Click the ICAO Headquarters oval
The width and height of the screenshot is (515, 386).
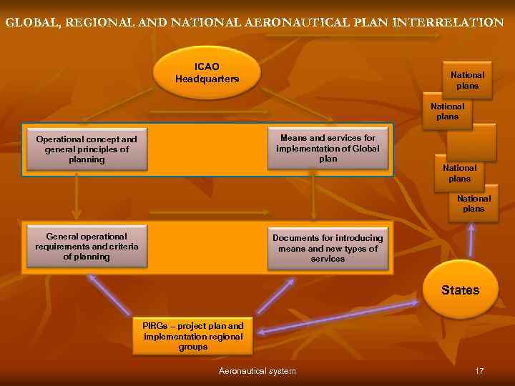tap(207, 72)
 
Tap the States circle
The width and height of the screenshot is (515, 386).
tap(460, 289)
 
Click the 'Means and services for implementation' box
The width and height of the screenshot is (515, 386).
tap(328, 147)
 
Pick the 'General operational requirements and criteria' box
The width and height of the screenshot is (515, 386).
tap(86, 246)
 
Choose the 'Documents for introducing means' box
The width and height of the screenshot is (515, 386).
tap(328, 248)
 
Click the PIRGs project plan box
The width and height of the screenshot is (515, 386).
tap(192, 335)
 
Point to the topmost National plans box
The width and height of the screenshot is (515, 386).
tap(467, 80)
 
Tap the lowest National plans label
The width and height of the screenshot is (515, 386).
tap(474, 204)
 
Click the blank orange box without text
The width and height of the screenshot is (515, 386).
tap(476, 142)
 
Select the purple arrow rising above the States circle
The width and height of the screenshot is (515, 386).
tap(471, 240)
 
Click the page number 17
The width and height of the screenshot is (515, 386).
tap(479, 371)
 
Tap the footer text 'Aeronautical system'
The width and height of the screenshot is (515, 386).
tap(257, 371)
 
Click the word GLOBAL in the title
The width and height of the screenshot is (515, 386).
tap(32, 22)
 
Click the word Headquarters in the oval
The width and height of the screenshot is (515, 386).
tap(207, 79)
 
